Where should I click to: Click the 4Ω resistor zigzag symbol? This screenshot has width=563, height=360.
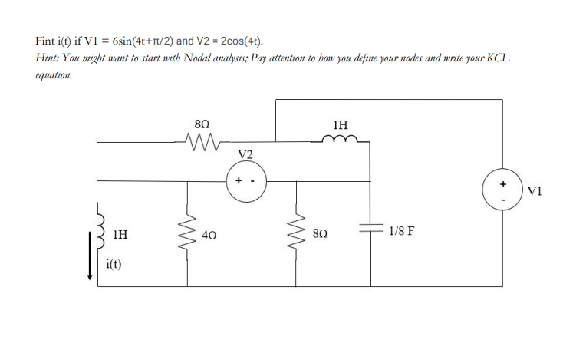[185, 232]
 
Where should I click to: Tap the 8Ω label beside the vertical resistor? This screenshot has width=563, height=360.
[322, 232]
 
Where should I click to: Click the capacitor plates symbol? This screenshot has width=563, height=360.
[370, 230]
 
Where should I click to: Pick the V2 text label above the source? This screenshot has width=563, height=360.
[245, 154]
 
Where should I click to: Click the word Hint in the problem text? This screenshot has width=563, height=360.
[48, 58]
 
